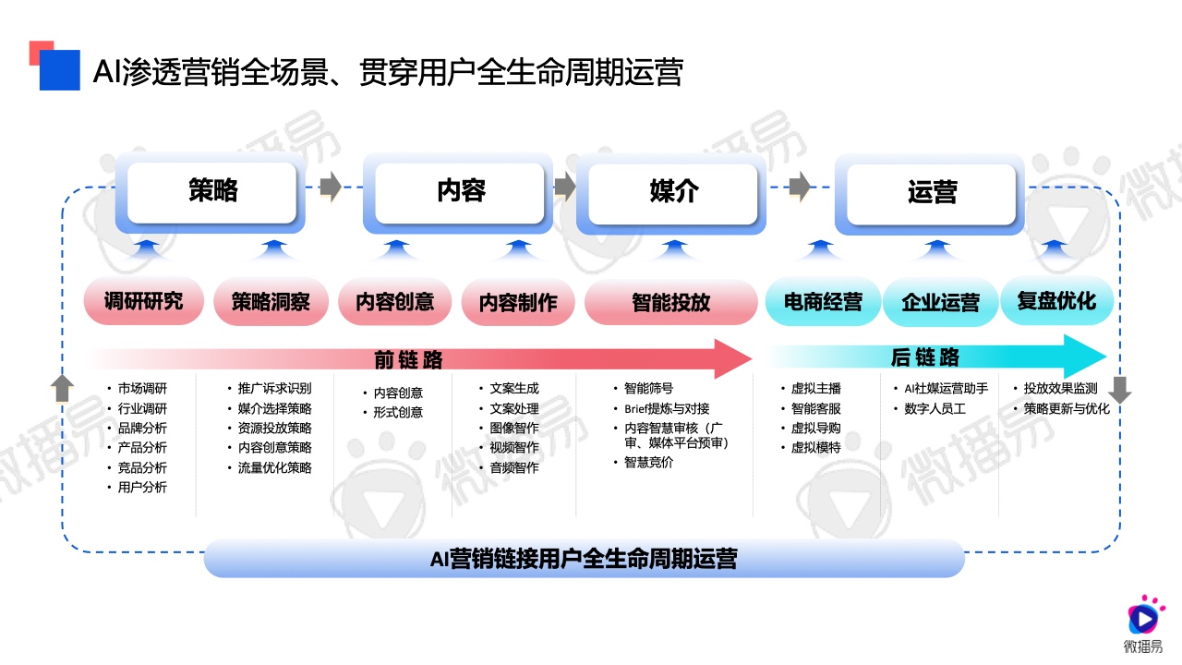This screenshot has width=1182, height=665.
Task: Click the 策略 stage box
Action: [212, 191]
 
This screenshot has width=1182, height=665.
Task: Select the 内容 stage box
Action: [460, 191]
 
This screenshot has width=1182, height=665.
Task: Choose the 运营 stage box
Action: [931, 193]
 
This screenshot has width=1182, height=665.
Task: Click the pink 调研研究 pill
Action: [143, 301]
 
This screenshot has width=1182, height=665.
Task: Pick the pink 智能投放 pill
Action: [670, 302]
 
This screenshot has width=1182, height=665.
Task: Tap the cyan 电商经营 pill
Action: [822, 302]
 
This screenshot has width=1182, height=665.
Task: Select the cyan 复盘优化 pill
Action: [1056, 301]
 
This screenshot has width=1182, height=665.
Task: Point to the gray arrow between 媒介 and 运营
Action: [800, 186]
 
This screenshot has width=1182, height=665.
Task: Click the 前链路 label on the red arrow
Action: [408, 358]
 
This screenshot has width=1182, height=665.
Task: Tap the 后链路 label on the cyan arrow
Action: [924, 357]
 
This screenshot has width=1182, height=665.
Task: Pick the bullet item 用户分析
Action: [142, 487]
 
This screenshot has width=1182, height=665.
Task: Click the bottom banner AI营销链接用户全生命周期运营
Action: [584, 559]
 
